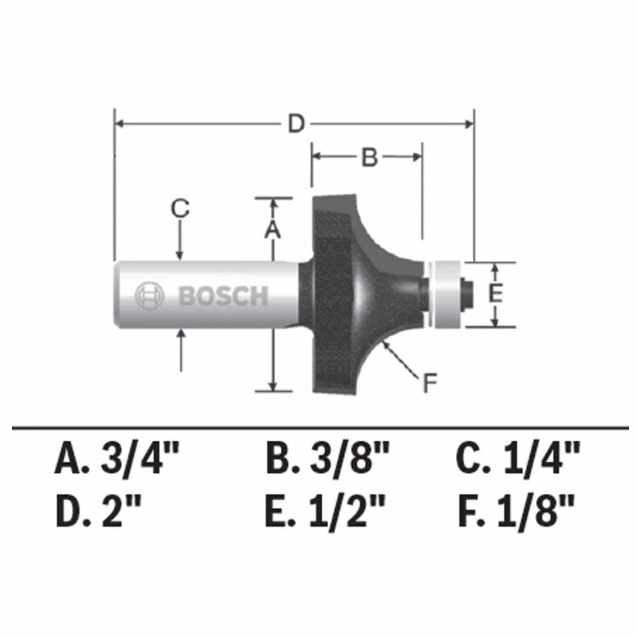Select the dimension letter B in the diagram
tap(370, 157)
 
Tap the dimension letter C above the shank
tap(181, 208)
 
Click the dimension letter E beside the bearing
tap(496, 294)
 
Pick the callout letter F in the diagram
tap(429, 383)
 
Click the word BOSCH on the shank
tap(223, 296)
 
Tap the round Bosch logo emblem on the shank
tap(149, 296)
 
